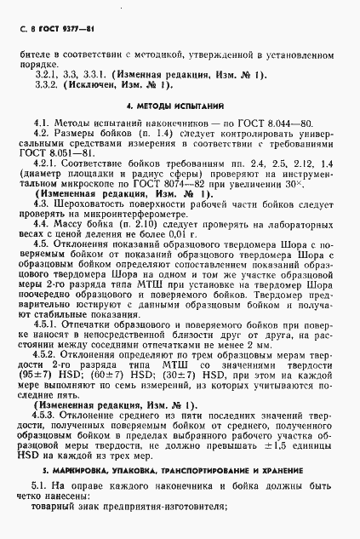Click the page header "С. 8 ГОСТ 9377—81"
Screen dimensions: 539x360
[52, 30]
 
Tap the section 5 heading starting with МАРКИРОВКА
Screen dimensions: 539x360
[180, 471]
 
